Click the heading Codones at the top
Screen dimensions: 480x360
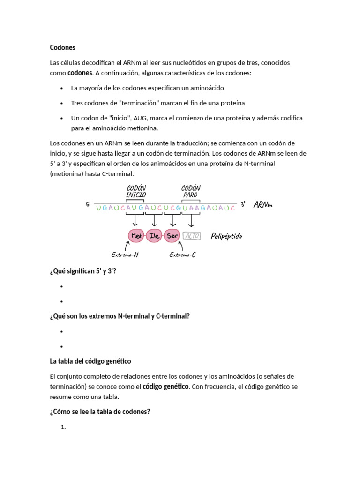coord(62,48)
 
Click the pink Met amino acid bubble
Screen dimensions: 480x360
coord(136,236)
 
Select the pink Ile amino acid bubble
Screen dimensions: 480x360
coord(154,236)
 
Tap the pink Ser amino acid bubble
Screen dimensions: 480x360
coord(172,236)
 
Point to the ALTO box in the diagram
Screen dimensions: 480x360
coord(192,236)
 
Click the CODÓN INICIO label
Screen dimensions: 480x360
coord(136,191)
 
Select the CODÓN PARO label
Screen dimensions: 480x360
coord(191,191)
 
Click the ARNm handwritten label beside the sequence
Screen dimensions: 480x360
coord(262,205)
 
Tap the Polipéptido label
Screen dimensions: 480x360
coord(226,236)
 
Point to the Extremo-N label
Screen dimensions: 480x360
coord(125,255)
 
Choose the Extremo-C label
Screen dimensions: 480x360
coord(182,255)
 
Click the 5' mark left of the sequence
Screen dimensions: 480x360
coord(88,205)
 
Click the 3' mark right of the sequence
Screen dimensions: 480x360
coord(243,204)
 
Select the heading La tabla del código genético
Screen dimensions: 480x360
coord(90,361)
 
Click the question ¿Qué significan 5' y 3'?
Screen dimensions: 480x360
coord(83,271)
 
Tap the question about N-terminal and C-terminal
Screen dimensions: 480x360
coord(120,316)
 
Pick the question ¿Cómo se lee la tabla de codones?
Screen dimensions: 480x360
coord(100,412)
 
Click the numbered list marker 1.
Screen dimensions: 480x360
coord(64,427)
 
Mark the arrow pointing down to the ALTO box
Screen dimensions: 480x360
coord(190,220)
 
